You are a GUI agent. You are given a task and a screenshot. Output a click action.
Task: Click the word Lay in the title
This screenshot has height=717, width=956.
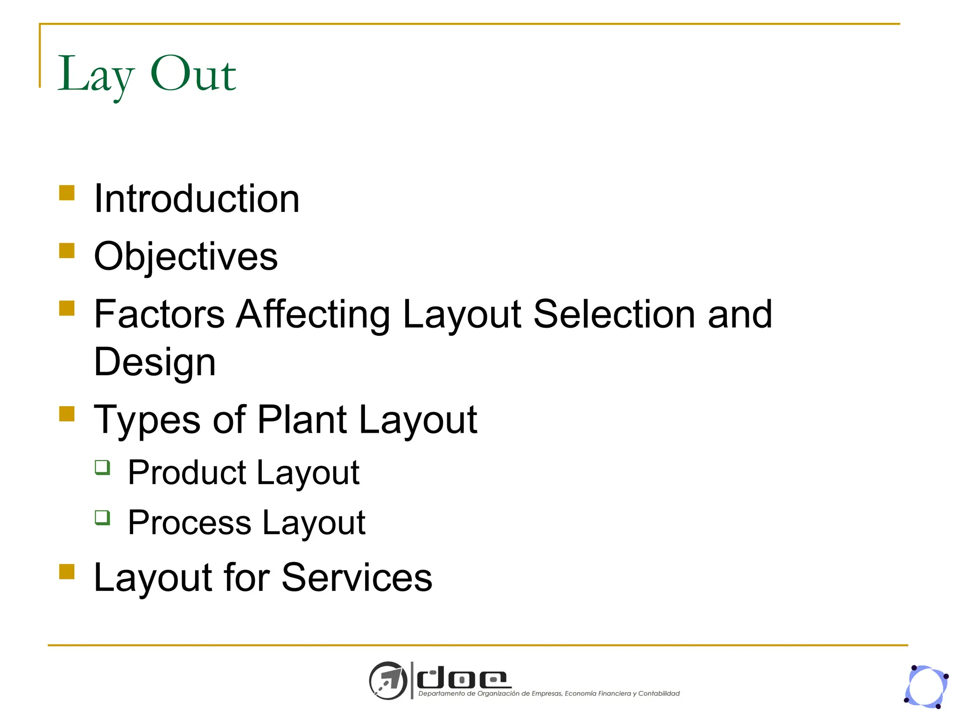(95, 75)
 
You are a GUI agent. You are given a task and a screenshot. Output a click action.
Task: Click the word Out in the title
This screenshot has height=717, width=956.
(193, 74)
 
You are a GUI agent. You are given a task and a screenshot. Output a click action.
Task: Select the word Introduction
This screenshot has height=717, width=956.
(197, 199)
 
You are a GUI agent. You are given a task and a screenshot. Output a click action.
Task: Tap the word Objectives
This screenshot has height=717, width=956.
(186, 257)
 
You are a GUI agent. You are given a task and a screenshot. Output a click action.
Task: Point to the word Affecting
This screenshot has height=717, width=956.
(313, 314)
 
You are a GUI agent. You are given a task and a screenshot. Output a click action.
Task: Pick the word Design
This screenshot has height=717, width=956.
(155, 363)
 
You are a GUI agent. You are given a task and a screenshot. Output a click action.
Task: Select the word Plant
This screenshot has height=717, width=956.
(302, 419)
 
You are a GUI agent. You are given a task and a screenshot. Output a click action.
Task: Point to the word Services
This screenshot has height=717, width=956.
(357, 578)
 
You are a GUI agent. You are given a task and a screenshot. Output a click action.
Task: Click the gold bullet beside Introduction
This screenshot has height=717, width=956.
(67, 193)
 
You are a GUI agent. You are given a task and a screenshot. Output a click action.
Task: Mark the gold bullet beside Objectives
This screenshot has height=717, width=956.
(67, 251)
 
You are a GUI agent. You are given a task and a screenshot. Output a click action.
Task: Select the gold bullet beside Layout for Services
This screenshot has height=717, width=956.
(67, 572)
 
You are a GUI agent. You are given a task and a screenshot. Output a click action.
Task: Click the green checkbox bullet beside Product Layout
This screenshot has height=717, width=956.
(102, 467)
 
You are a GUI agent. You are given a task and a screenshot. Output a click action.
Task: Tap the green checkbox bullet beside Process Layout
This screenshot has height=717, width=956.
(102, 517)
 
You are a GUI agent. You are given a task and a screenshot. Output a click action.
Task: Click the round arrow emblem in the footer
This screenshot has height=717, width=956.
(388, 681)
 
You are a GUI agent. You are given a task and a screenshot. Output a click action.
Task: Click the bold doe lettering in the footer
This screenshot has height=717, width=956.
(463, 679)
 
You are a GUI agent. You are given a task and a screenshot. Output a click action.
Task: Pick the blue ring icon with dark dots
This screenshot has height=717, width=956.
(927, 687)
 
